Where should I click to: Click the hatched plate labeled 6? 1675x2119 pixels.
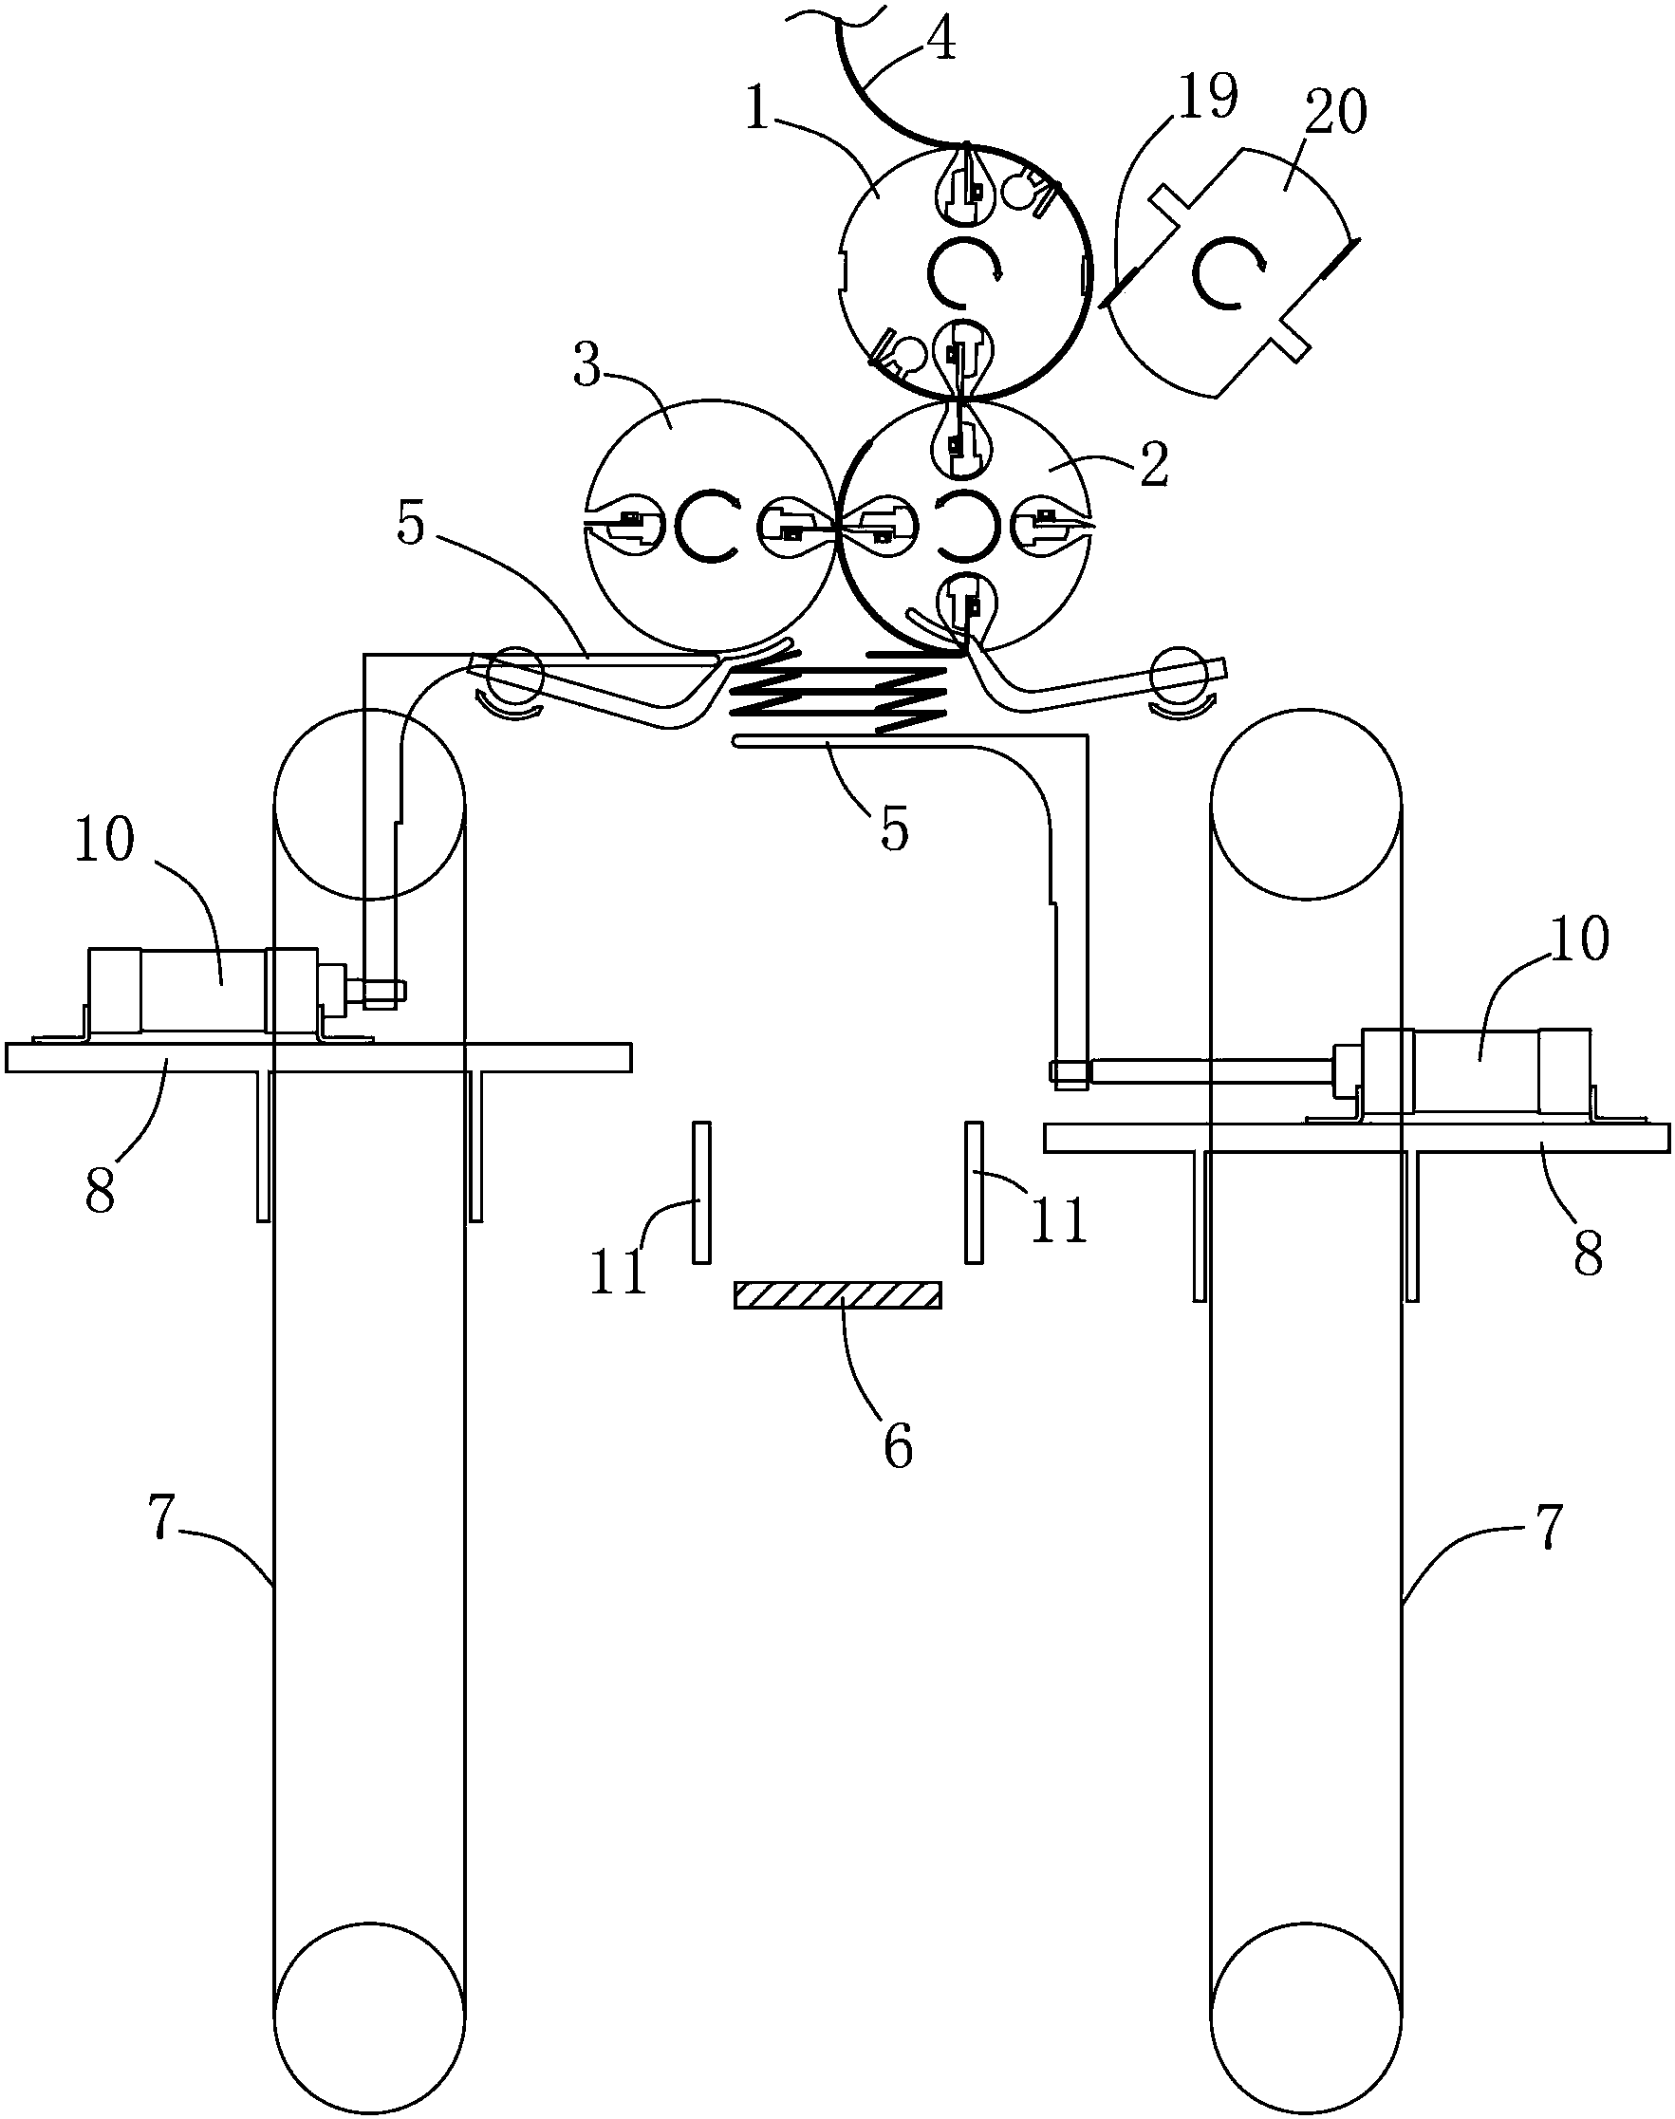tap(837, 1295)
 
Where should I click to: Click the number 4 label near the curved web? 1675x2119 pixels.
tap(940, 39)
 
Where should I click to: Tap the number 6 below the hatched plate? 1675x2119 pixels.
tap(898, 1444)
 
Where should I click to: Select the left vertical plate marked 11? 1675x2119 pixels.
tap(701, 1193)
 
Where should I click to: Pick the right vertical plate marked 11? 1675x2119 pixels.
tap(974, 1193)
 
